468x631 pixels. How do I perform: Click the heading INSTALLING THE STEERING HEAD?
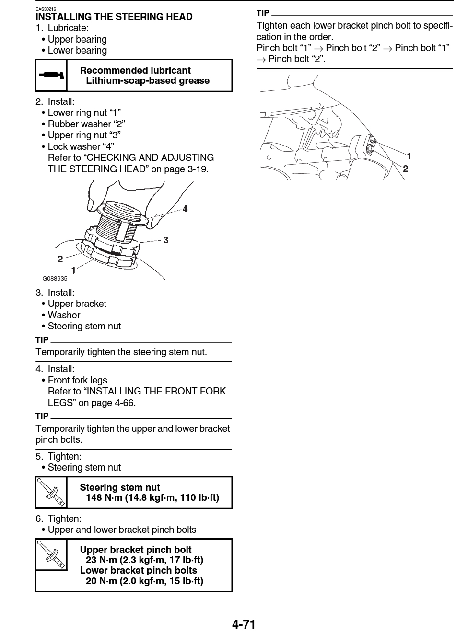114,17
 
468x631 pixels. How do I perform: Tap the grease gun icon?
51,75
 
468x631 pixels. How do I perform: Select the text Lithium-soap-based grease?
148,80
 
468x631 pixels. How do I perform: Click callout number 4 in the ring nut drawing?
185,209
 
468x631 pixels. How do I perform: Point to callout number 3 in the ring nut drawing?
166,240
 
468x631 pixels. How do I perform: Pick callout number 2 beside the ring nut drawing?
60,259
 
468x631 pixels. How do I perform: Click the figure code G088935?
55,279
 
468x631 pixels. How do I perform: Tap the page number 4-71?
244,624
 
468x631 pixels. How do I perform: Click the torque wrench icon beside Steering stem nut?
51,492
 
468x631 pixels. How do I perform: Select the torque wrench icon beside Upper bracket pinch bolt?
51,554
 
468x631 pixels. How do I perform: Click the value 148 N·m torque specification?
152,497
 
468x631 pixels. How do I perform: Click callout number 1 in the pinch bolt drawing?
409,156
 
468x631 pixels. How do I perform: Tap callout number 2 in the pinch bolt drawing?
406,169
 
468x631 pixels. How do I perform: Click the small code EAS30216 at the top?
46,9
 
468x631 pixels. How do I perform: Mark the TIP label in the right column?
263,13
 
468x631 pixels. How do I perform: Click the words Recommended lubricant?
135,70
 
